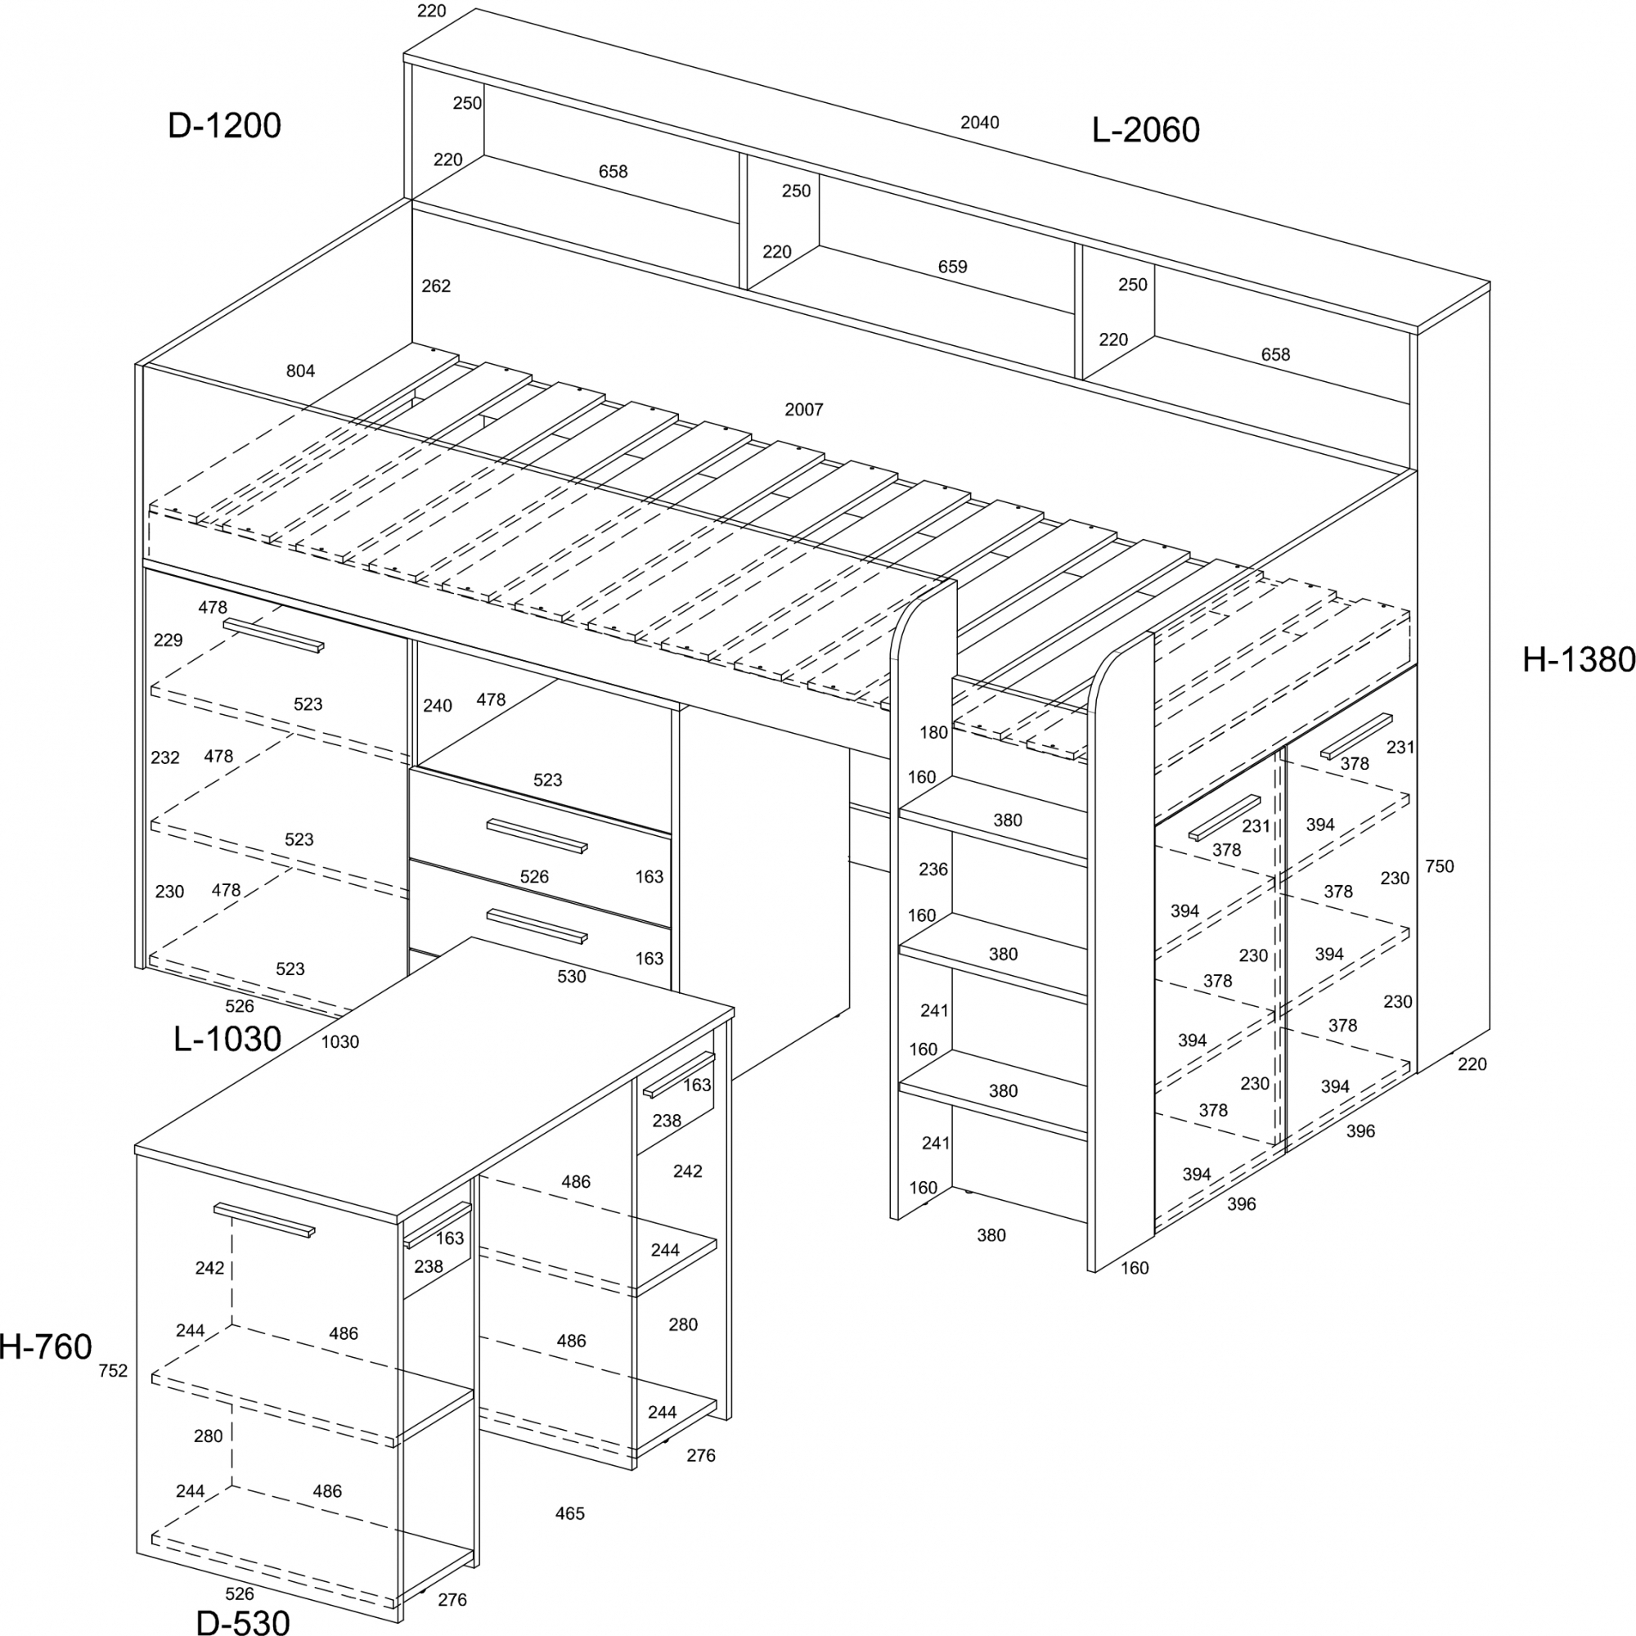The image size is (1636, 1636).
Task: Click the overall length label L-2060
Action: (1145, 130)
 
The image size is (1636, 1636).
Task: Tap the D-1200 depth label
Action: (224, 125)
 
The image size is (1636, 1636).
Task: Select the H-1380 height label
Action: (1579, 659)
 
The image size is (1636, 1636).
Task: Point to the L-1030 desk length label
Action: (227, 1039)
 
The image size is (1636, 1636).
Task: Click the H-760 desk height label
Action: (46, 1347)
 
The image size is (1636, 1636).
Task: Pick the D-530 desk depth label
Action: (243, 1621)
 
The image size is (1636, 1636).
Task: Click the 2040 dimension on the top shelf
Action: (980, 123)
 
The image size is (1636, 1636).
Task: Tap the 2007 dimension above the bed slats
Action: (803, 410)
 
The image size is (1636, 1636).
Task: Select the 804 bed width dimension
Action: (300, 371)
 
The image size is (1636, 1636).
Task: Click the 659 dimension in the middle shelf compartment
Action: (953, 267)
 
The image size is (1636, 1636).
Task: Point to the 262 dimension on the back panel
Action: (436, 286)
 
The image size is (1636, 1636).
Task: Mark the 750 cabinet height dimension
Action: (1440, 866)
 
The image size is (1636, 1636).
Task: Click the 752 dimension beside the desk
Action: (114, 1371)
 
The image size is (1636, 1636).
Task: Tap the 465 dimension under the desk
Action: (570, 1513)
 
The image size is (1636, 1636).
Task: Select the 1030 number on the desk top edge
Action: (340, 1042)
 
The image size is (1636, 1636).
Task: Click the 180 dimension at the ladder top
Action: (934, 732)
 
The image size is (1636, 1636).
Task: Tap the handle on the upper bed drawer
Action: (537, 836)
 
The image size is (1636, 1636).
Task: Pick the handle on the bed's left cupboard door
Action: (273, 635)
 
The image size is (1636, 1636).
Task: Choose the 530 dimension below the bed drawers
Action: (572, 977)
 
